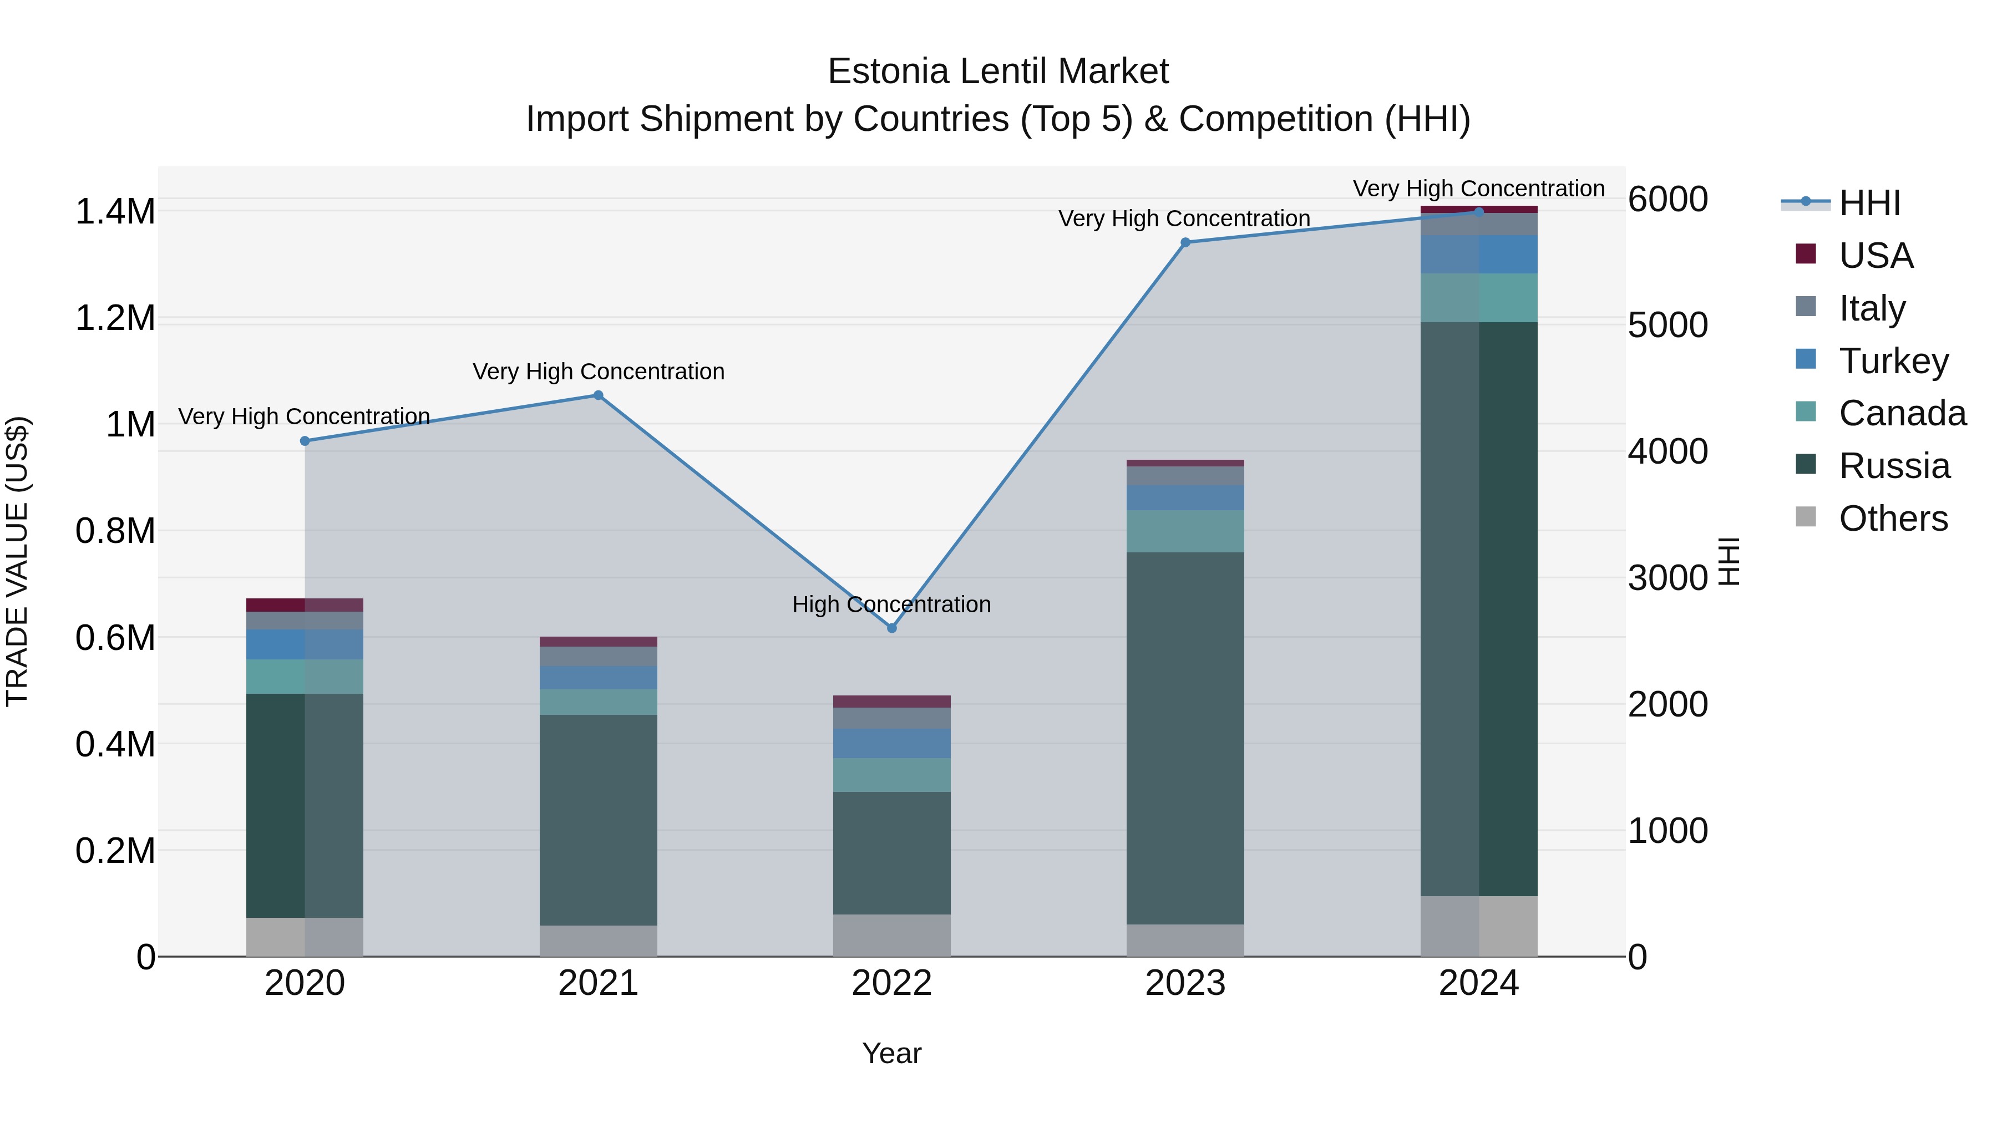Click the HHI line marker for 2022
click(x=891, y=628)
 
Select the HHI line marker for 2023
click(x=1184, y=242)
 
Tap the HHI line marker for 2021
click(x=597, y=395)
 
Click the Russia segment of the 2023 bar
click(x=1184, y=737)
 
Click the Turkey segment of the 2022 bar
click(x=891, y=743)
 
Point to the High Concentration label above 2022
click(x=891, y=604)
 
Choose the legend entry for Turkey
click(x=1893, y=360)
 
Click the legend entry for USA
click(x=1876, y=255)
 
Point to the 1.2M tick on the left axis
click(x=115, y=318)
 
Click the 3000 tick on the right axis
click(x=1667, y=578)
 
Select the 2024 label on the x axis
click(x=1478, y=983)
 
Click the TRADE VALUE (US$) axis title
click(x=17, y=561)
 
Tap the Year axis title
click(x=891, y=1053)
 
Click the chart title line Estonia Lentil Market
click(x=998, y=72)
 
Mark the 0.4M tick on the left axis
click(x=115, y=744)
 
